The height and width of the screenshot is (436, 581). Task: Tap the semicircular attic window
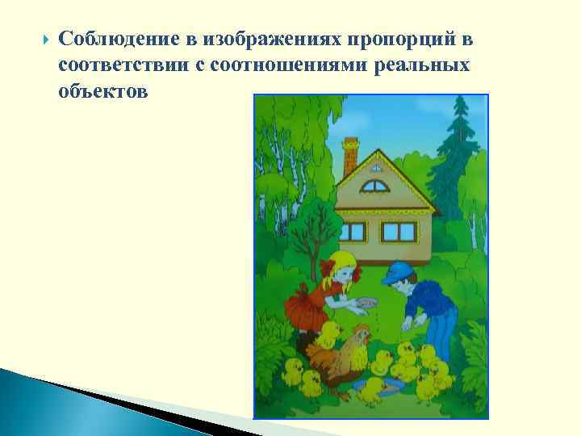pyautogui.click(x=374, y=187)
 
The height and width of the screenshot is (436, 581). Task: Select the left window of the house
pyautogui.click(x=352, y=231)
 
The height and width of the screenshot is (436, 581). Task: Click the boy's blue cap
pyautogui.click(x=398, y=273)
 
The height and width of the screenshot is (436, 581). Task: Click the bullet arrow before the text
pyautogui.click(x=33, y=38)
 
